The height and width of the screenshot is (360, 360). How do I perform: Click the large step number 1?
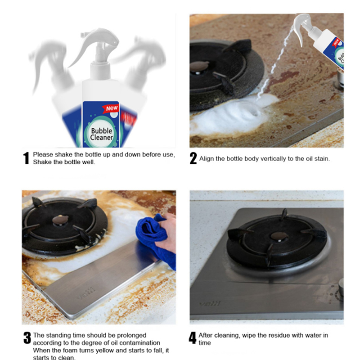click(27, 158)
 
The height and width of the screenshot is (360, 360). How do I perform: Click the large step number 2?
click(193, 158)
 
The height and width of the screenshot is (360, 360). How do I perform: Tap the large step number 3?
click(27, 338)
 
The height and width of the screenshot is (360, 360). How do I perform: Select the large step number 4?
click(193, 338)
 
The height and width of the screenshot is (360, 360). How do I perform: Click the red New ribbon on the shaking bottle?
click(111, 108)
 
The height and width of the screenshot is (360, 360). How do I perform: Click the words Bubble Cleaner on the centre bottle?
click(101, 134)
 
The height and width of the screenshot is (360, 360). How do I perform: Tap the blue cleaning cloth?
click(154, 239)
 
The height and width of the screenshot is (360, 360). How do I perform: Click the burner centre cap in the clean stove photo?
click(279, 236)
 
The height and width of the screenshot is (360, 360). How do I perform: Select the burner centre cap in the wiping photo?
click(60, 220)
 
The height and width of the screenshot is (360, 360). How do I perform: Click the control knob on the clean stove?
click(341, 290)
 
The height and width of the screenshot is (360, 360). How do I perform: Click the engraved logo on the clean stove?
click(210, 303)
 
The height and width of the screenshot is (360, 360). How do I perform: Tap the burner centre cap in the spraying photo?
click(199, 67)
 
